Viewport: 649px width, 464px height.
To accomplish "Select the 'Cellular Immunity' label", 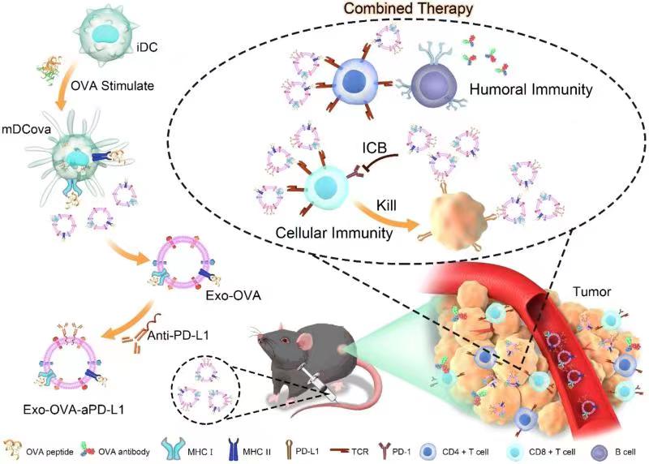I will (318, 232).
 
